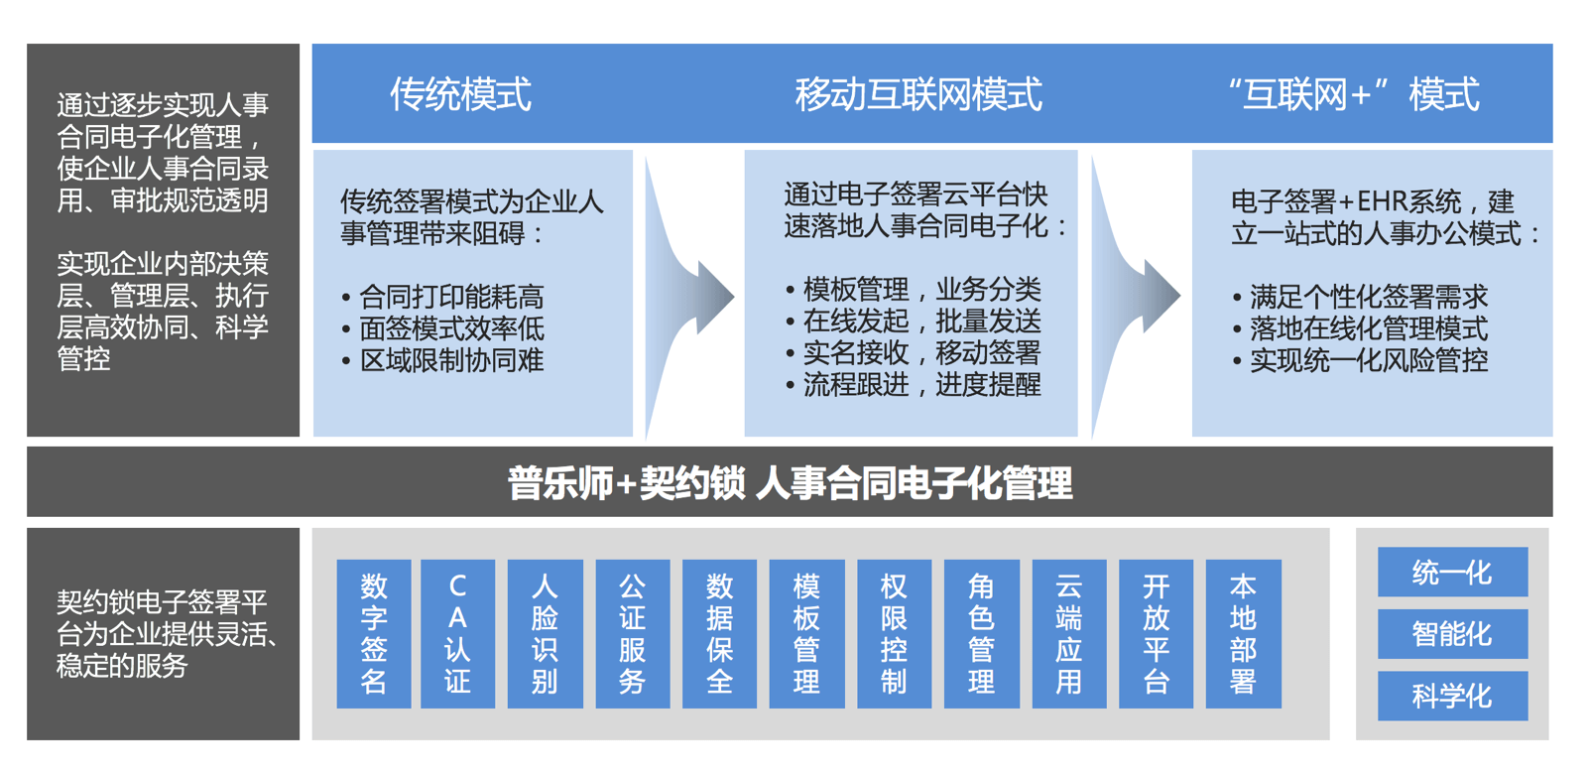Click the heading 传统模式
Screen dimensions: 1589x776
[460, 94]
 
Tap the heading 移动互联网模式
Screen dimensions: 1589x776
[918, 94]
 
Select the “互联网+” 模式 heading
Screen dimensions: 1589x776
[1354, 94]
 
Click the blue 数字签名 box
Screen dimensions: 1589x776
[374, 633]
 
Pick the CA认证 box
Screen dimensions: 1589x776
[457, 633]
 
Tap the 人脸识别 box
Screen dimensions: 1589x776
[545, 633]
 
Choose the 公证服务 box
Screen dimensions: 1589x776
[633, 633]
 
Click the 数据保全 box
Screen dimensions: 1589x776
[719, 633]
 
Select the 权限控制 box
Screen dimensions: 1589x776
[894, 633]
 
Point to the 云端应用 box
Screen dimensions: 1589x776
[1069, 633]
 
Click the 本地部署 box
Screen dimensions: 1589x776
[1244, 633]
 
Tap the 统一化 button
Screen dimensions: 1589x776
[1453, 572]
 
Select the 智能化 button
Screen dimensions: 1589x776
[1453, 633]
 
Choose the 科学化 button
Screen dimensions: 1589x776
[1453, 696]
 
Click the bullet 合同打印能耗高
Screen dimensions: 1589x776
[443, 297]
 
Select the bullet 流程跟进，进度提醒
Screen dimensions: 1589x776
[914, 385]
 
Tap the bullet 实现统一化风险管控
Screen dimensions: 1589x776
[1361, 360]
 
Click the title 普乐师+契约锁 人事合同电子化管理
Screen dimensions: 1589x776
[791, 483]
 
